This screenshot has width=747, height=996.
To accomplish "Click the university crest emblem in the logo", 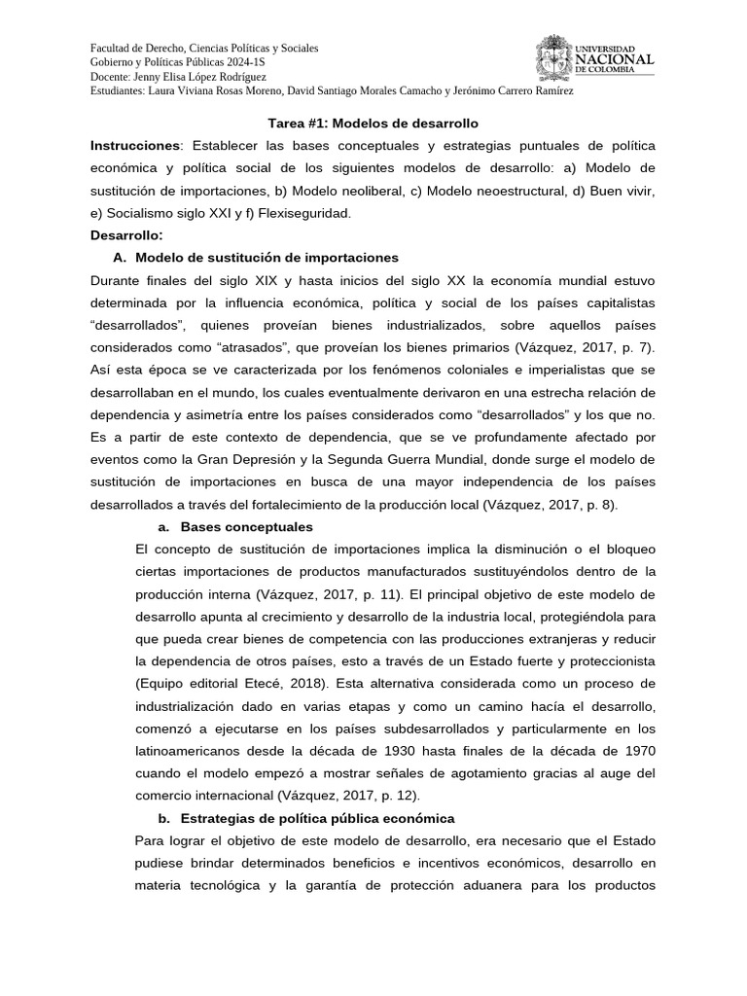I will point(553,56).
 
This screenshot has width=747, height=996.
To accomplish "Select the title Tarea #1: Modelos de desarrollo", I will point(373,124).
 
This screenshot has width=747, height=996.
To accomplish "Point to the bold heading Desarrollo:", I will point(127,235).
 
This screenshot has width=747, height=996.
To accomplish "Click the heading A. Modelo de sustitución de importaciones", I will point(256,258).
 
